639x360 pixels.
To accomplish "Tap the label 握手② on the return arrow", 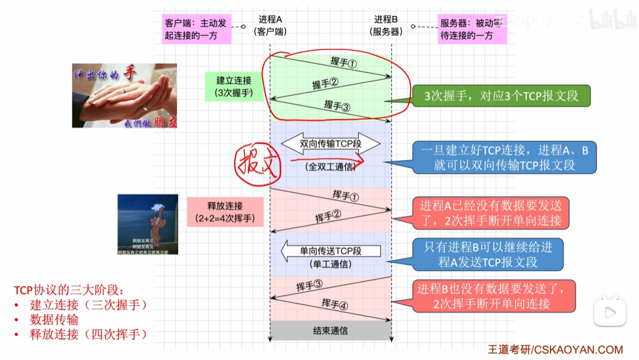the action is (325, 84).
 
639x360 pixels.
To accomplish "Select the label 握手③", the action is (337, 106).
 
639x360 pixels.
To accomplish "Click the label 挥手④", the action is (335, 305).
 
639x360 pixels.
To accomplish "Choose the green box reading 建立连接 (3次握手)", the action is (234, 86).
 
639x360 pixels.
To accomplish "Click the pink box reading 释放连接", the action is (225, 212).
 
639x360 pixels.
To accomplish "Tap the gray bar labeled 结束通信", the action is (330, 331).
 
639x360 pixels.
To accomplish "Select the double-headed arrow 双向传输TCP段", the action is (330, 143).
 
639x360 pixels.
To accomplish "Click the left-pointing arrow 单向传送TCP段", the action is (330, 251).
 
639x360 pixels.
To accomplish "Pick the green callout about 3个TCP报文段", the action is (502, 96).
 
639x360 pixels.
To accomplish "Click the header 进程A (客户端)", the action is (270, 26).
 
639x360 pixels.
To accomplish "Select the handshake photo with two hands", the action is (124, 96).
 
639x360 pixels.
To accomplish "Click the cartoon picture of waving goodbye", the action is (148, 224).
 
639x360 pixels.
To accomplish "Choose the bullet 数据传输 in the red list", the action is (54, 319).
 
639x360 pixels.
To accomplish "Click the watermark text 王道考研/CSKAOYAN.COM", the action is (555, 350).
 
